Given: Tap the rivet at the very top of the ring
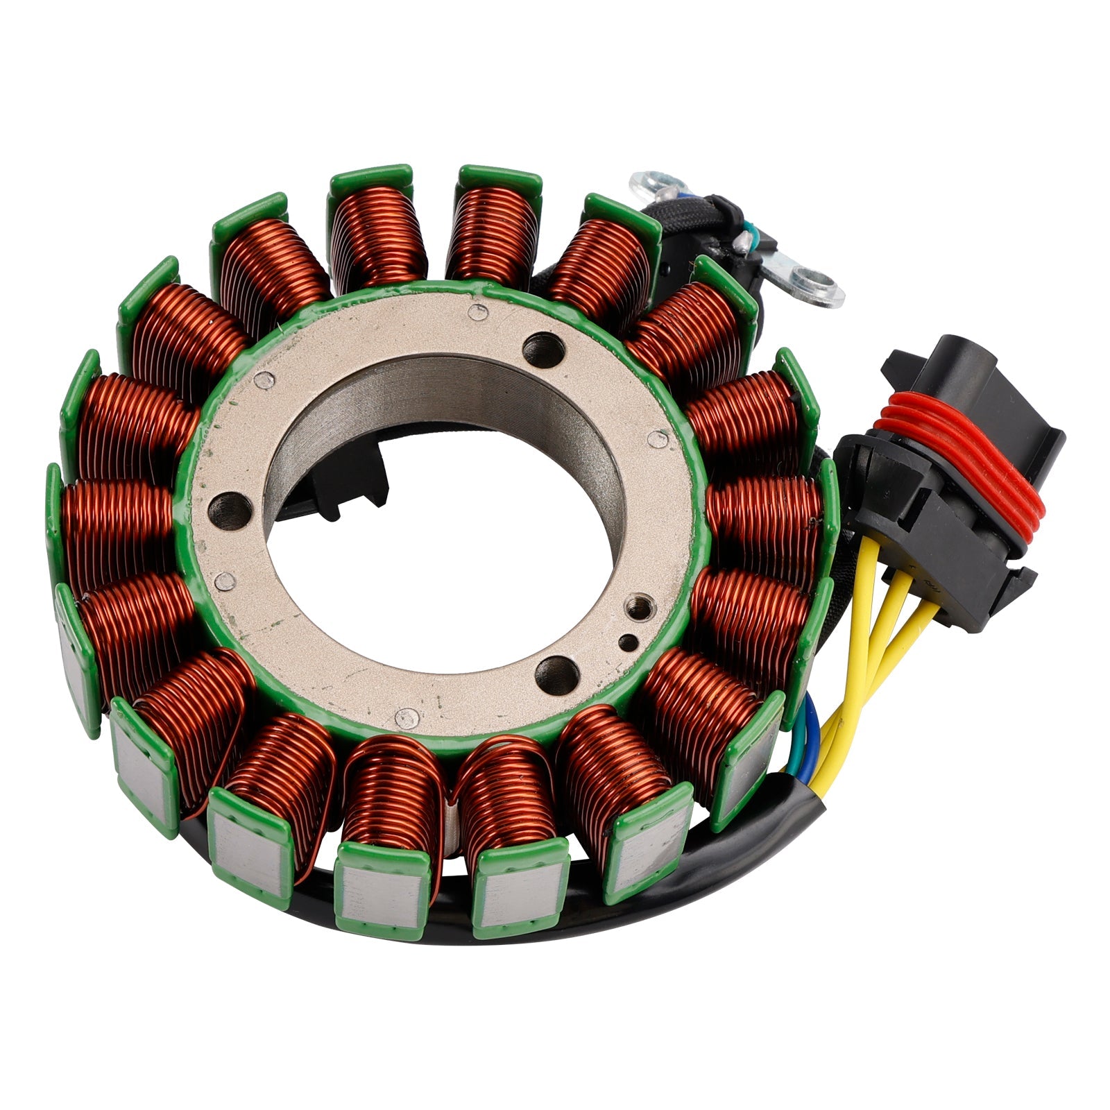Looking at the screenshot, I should [478, 311].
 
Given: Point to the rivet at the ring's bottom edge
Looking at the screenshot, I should [406, 717].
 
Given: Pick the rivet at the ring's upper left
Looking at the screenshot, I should [264, 379].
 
